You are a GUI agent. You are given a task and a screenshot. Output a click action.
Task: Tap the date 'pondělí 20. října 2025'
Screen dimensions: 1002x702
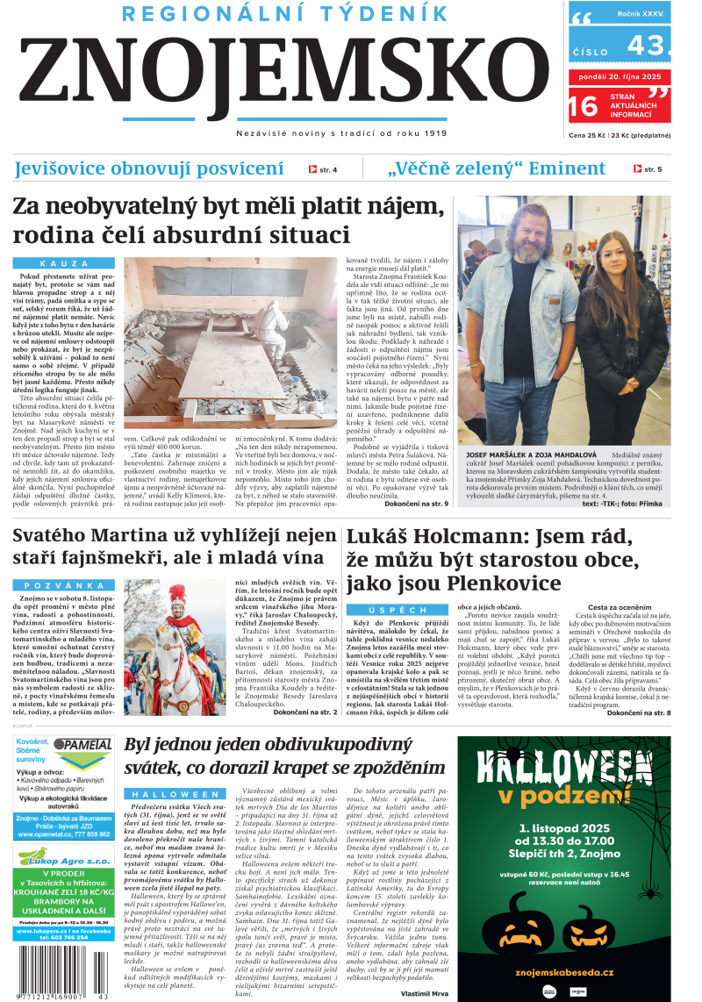pos(620,76)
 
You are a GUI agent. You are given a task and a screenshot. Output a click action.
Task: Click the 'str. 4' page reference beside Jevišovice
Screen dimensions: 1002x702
pos(323,169)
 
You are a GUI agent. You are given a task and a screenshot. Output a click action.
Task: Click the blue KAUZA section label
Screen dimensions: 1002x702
pos(64,263)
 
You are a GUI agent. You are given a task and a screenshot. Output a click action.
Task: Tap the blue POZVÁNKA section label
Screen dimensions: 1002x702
pos(64,585)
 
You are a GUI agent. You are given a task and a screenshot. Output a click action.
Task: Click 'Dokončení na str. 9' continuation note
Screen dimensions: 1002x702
pos(416,504)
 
